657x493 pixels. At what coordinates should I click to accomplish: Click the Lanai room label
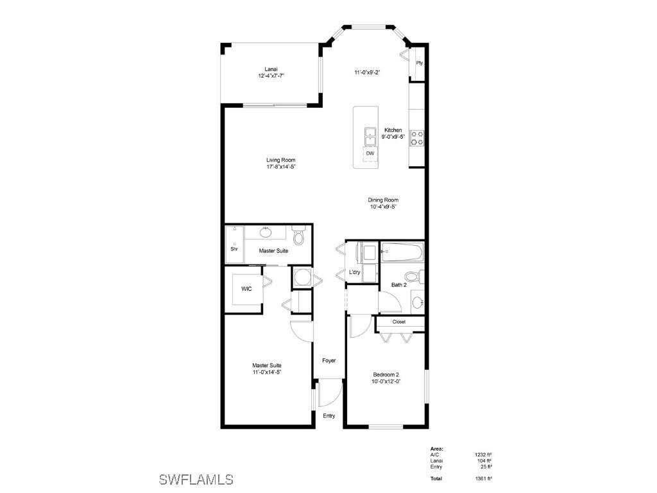[270, 69]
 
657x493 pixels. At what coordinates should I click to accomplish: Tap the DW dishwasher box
[370, 154]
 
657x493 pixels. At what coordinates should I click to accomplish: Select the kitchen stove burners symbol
[417, 138]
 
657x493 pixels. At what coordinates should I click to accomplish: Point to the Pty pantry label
[419, 63]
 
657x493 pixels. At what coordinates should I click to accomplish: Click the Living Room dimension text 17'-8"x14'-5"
[281, 167]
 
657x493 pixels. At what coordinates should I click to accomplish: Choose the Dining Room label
[383, 200]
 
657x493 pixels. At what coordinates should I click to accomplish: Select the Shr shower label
[234, 249]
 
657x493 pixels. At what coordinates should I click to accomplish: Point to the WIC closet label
[247, 289]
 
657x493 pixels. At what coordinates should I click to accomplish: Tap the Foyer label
[329, 361]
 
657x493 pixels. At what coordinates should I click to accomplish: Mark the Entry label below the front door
[329, 416]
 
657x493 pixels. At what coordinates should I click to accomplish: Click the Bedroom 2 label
[386, 375]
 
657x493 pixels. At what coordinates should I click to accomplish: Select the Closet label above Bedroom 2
[399, 322]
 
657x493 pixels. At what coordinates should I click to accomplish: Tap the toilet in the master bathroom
[298, 237]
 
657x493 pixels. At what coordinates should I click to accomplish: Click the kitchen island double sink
[370, 136]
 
